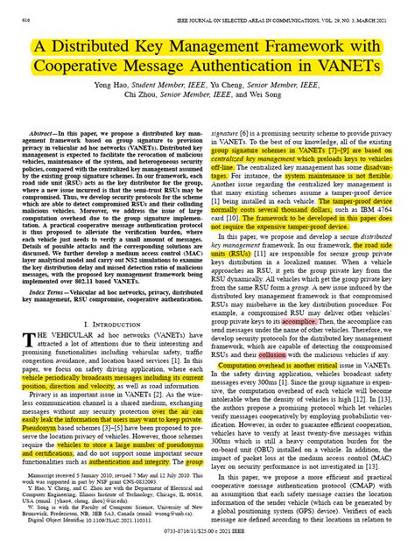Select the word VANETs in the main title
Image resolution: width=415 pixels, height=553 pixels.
coord(356,69)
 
